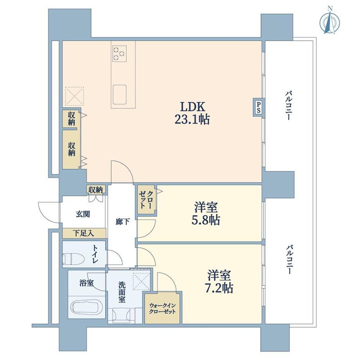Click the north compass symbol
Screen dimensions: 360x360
pos(330,22)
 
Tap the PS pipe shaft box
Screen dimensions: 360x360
pos(258,107)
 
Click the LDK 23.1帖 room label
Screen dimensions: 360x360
pos(192,113)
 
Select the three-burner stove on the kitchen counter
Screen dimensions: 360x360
pos(119,54)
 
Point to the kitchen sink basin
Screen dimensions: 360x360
pos(119,94)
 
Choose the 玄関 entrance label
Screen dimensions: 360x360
pos(83,214)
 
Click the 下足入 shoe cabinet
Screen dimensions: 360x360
pos(84,234)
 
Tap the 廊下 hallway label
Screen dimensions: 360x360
pos(122,222)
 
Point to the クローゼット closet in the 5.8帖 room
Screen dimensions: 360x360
pos(146,200)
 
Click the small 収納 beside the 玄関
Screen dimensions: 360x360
pos(96,190)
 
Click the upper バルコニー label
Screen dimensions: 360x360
pos(288,105)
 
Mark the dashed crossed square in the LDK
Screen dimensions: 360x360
pos(74,96)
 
